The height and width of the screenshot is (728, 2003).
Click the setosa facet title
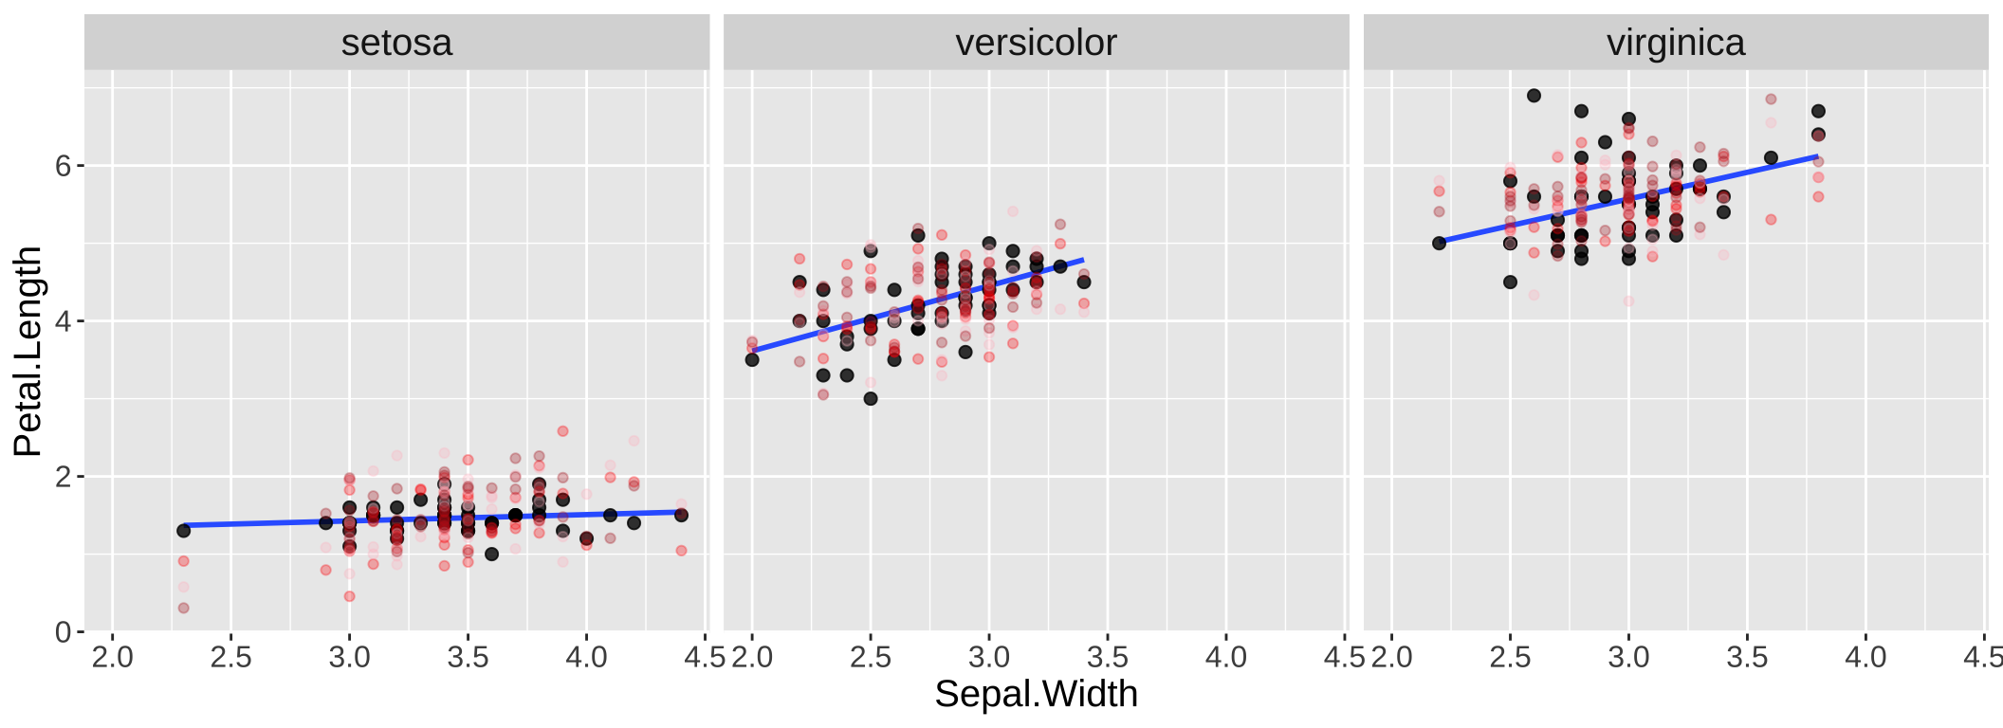[396, 43]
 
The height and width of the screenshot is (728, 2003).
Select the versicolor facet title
[1036, 43]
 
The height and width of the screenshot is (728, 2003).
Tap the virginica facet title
[1675, 43]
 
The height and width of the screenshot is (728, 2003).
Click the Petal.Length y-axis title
[28, 352]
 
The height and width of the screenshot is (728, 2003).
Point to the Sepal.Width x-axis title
[1036, 694]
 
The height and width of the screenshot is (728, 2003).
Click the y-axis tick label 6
[64, 166]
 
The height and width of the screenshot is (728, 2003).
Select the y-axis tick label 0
[64, 632]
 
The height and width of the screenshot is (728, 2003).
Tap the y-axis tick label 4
[64, 321]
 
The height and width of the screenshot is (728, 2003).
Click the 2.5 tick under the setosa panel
[230, 657]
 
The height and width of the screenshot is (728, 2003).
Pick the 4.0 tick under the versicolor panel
[1225, 657]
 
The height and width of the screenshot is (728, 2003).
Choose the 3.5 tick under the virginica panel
[1746, 657]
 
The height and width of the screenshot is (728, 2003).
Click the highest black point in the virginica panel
[1534, 96]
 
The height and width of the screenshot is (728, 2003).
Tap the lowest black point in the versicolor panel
[871, 398]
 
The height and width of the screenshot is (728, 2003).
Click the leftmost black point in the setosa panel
[183, 530]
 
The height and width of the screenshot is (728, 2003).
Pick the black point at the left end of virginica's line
[1439, 243]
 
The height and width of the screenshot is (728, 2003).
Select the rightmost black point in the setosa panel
[681, 515]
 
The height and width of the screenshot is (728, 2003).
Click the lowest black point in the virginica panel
[1510, 282]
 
